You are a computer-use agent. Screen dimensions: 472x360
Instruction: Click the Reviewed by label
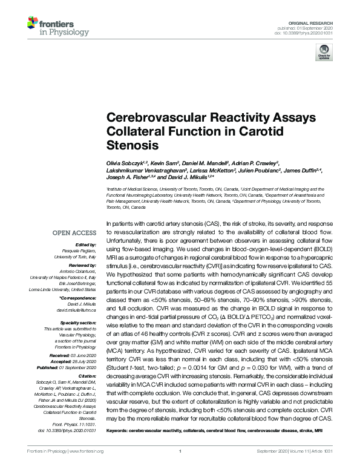(x=82, y=265)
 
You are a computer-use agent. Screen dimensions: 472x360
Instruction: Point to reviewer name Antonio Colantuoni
(x=77, y=271)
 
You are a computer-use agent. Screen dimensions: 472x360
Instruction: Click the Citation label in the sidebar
(x=86, y=369)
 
